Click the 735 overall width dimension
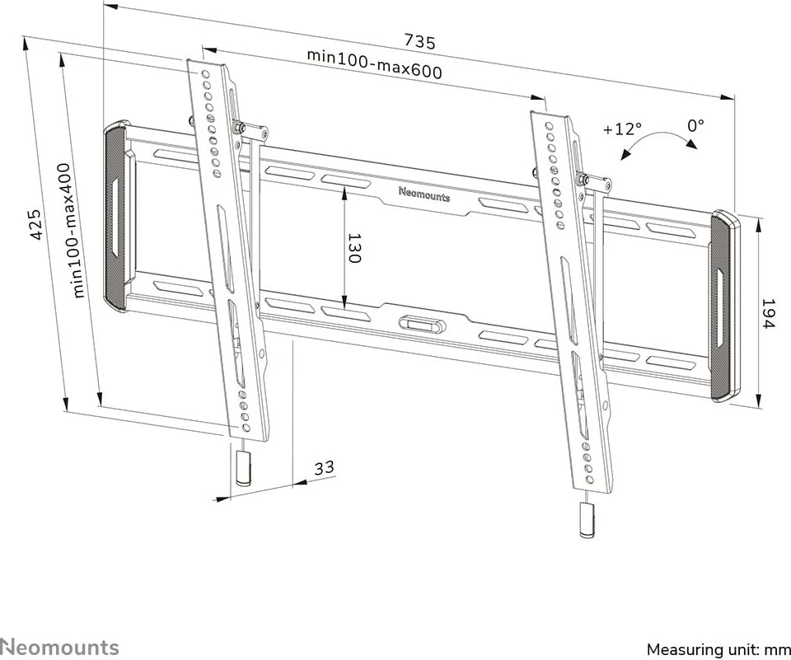click(419, 41)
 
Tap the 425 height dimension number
click(35, 224)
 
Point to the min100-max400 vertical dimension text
click(73, 230)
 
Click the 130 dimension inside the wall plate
click(354, 248)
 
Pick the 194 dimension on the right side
click(768, 313)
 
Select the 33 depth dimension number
click(325, 467)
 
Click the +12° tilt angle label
click(622, 129)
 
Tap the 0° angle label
click(695, 125)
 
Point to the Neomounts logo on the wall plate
click(424, 194)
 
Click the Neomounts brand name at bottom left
click(59, 647)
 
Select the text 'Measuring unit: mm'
click(718, 649)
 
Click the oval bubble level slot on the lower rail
click(422, 325)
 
